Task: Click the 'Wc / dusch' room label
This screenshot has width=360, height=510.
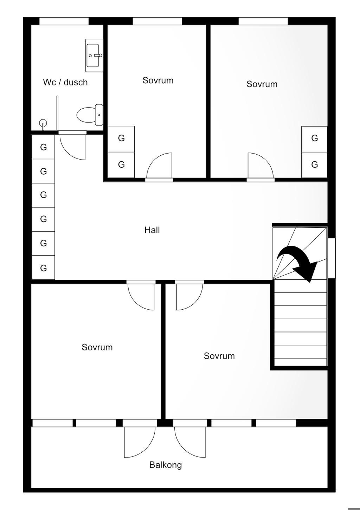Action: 65,82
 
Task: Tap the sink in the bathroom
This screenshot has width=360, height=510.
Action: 94,56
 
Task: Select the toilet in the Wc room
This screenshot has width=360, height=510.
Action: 90,115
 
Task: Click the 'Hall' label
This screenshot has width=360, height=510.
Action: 152,230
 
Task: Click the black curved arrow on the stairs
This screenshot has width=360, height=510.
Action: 298,262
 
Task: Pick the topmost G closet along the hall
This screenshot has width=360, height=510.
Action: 43,147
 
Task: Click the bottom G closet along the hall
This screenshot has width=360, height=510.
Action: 43,267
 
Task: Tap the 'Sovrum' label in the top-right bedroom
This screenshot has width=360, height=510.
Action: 262,84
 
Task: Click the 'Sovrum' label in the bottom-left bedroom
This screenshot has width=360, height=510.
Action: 97,347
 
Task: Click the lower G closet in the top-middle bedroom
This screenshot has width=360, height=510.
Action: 121,165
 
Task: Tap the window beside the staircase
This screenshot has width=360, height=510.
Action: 332,258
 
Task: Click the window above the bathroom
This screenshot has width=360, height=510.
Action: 64,21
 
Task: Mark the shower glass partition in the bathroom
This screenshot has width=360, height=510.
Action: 57,113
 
